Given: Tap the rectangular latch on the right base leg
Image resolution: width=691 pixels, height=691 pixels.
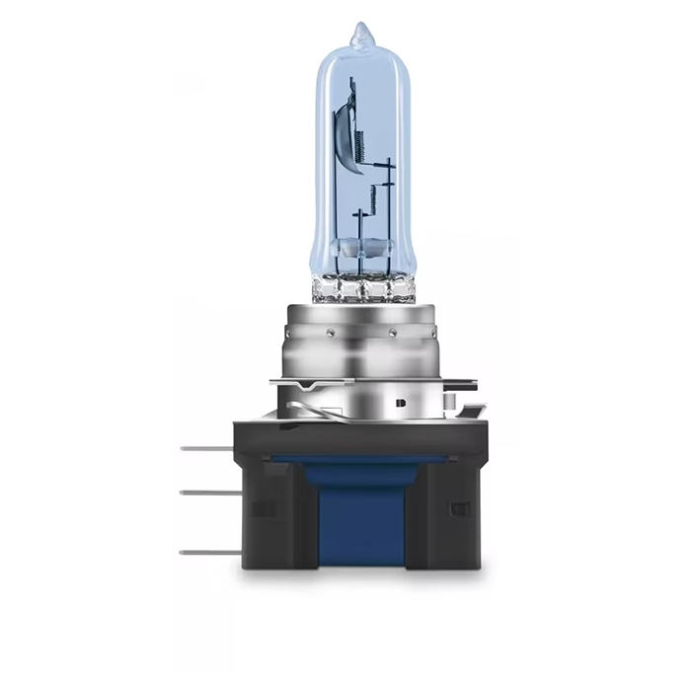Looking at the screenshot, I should (457, 509).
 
